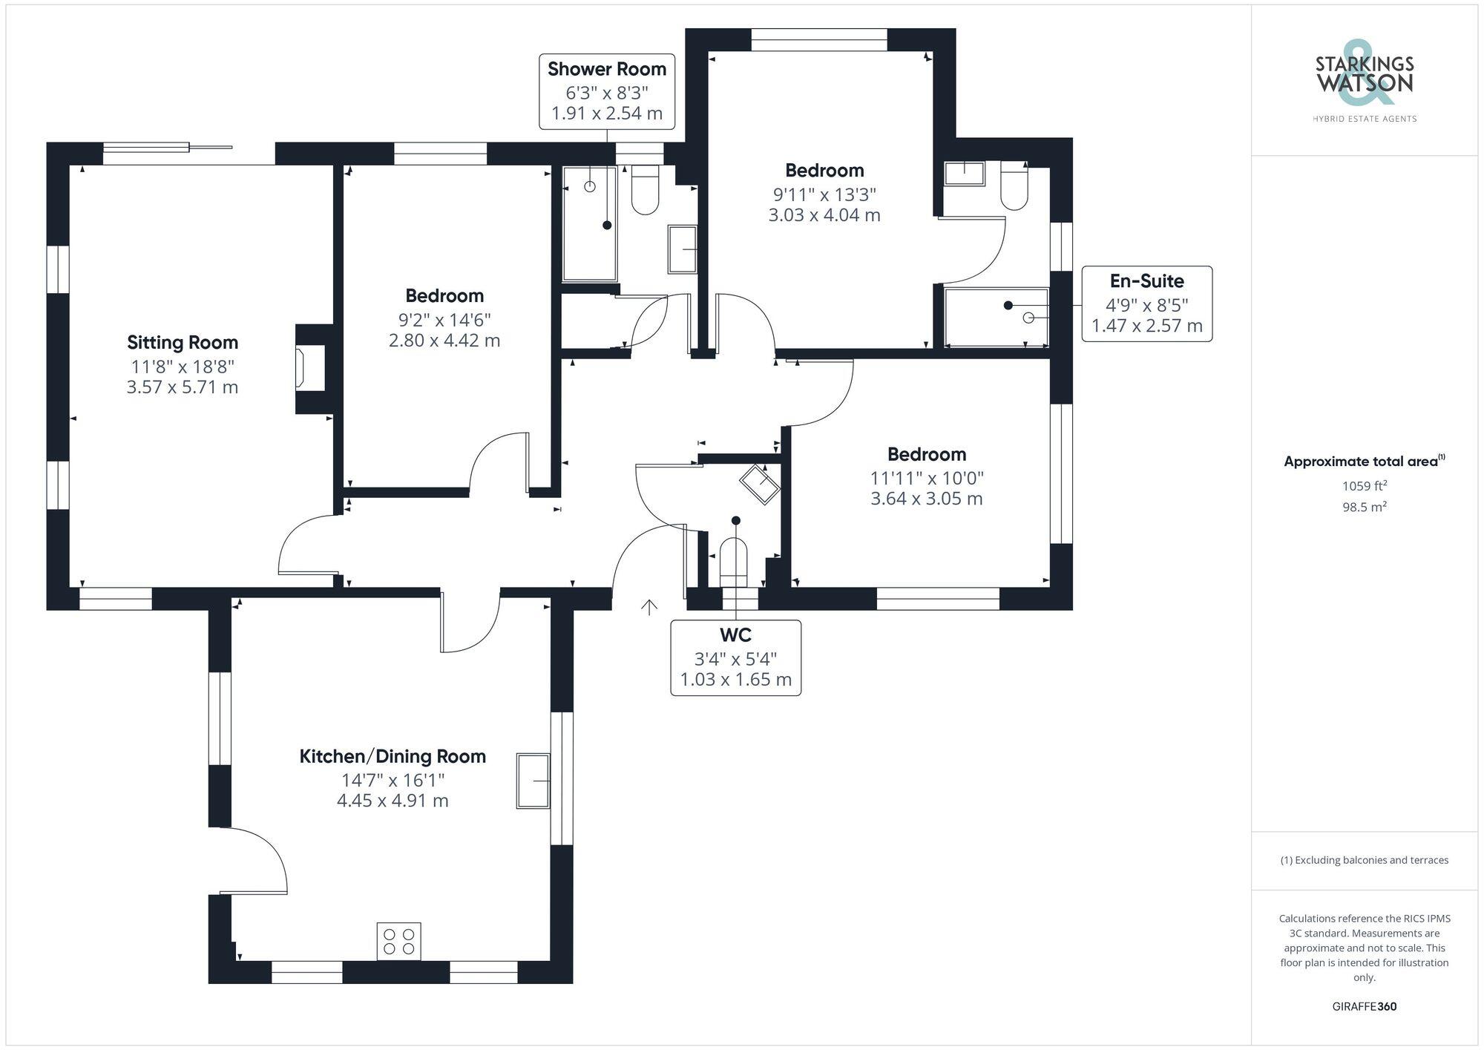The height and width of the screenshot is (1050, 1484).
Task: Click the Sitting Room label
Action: tap(183, 342)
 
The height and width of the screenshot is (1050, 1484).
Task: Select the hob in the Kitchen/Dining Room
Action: tap(398, 942)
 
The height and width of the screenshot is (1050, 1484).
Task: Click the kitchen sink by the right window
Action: tap(533, 781)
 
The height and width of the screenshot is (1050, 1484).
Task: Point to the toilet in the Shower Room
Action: tap(645, 191)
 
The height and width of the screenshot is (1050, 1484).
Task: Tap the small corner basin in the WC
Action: tap(759, 485)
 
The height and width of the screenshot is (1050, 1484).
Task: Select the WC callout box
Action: tap(735, 657)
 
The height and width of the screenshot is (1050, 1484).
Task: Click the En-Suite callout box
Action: tap(1146, 303)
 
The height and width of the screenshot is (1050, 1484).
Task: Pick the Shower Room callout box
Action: tap(606, 91)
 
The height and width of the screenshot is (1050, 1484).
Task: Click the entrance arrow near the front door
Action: tap(649, 608)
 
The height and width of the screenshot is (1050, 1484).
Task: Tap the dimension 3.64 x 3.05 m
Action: tap(926, 499)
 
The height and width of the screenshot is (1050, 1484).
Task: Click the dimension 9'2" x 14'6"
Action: tap(444, 320)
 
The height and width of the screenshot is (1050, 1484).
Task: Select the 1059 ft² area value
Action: tap(1364, 487)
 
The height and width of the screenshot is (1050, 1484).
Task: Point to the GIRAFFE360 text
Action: tap(1364, 1007)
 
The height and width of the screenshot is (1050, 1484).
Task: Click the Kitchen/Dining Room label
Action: tap(393, 756)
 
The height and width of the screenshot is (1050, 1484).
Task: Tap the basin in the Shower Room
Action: tap(683, 249)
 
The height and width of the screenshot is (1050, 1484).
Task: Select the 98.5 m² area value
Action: tap(1364, 508)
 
